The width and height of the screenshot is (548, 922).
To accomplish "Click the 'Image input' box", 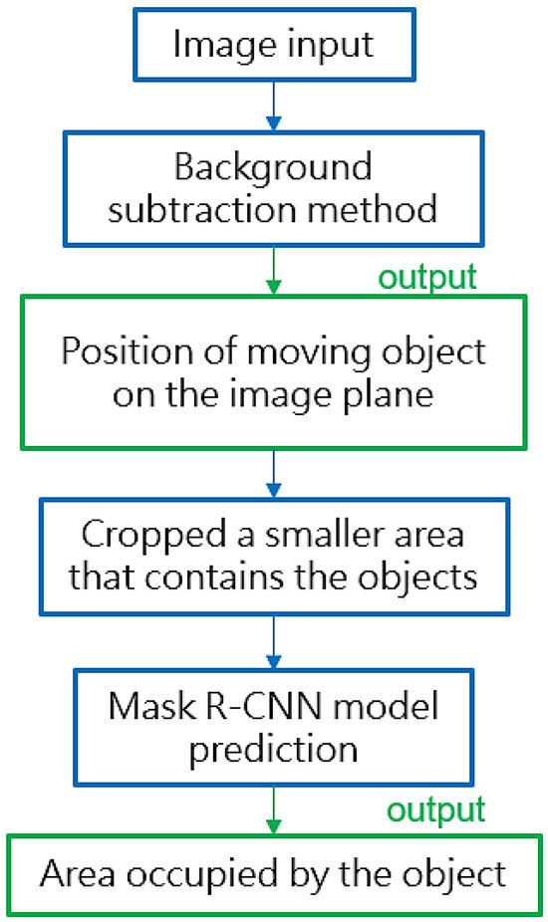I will (x=273, y=45).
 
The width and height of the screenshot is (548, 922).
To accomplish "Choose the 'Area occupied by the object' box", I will (x=274, y=874).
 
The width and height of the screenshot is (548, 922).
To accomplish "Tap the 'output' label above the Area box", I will (x=436, y=808).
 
